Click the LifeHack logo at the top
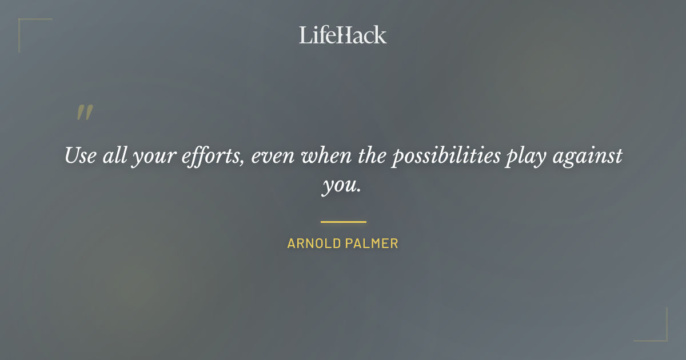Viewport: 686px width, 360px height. (342, 35)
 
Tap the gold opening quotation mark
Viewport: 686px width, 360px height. (84, 113)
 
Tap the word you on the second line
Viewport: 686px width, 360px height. (337, 186)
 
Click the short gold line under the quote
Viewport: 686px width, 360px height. (343, 222)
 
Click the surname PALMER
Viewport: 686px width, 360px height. (372, 243)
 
